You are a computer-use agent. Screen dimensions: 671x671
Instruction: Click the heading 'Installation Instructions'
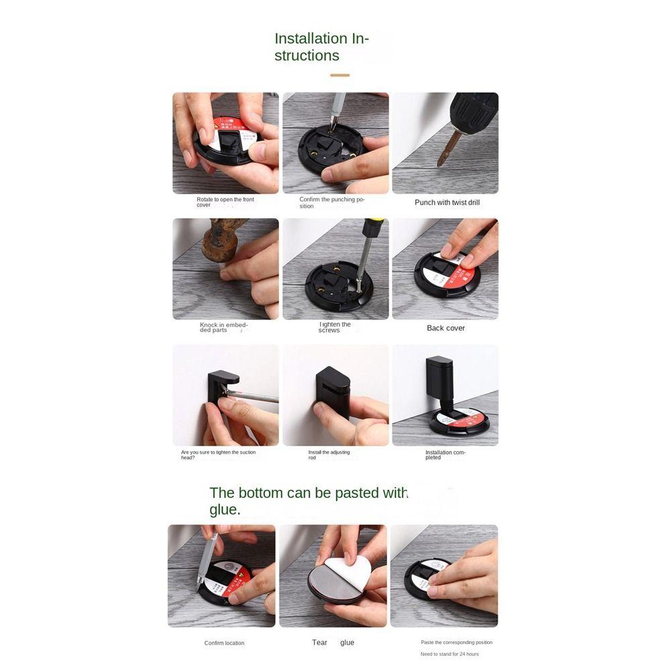[x=321, y=47]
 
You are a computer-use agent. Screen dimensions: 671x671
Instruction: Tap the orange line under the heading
[x=340, y=75]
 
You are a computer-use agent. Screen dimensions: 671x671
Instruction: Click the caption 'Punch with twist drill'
[x=447, y=203]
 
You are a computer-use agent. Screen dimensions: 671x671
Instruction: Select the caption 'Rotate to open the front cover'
[x=225, y=202]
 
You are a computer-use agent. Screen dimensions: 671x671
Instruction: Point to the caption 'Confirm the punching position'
[x=332, y=203]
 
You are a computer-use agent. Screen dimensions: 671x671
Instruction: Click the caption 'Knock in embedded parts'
[x=223, y=327]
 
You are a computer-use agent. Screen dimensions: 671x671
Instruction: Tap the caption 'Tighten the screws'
[x=334, y=327]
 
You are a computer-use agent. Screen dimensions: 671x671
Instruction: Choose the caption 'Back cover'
[x=446, y=328]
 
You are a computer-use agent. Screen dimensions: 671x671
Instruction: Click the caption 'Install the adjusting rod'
[x=329, y=455]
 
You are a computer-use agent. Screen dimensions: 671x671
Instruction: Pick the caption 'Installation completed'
[x=445, y=455]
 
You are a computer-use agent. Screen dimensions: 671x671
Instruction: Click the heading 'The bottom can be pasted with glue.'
[x=309, y=501]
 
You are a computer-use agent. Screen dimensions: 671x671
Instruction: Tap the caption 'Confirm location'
[x=224, y=643]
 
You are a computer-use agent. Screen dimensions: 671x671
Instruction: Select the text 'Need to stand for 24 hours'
[x=450, y=654]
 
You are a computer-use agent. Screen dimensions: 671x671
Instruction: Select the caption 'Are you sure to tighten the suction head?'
[x=218, y=455]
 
